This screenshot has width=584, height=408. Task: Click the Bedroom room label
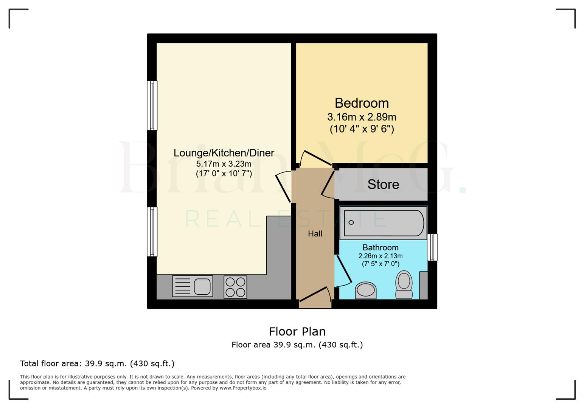pyautogui.click(x=362, y=103)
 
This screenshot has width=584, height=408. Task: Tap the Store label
pyautogui.click(x=383, y=184)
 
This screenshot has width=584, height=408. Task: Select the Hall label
pyautogui.click(x=315, y=234)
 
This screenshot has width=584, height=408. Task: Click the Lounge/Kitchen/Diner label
pyautogui.click(x=224, y=153)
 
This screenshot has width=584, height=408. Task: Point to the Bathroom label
pyautogui.click(x=380, y=247)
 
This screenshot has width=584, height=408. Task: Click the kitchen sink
pyautogui.click(x=193, y=286)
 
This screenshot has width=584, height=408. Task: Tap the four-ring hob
pyautogui.click(x=235, y=287)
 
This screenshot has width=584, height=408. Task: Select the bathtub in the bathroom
pyautogui.click(x=383, y=223)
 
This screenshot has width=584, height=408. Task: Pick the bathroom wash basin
pyautogui.click(x=366, y=291)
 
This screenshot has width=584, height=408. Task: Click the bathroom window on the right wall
pyautogui.click(x=432, y=247)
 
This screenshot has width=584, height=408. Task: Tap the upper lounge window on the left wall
pyautogui.click(x=152, y=106)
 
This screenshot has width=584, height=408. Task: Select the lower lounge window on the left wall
pyautogui.click(x=152, y=232)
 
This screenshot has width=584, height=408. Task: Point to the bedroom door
pyautogui.click(x=316, y=159)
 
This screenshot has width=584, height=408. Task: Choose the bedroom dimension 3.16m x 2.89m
pyautogui.click(x=362, y=117)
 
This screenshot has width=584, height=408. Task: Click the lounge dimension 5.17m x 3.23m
pyautogui.click(x=224, y=164)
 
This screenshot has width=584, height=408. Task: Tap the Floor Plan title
pyautogui.click(x=297, y=331)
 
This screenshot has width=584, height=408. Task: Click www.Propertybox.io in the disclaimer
pyautogui.click(x=243, y=388)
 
